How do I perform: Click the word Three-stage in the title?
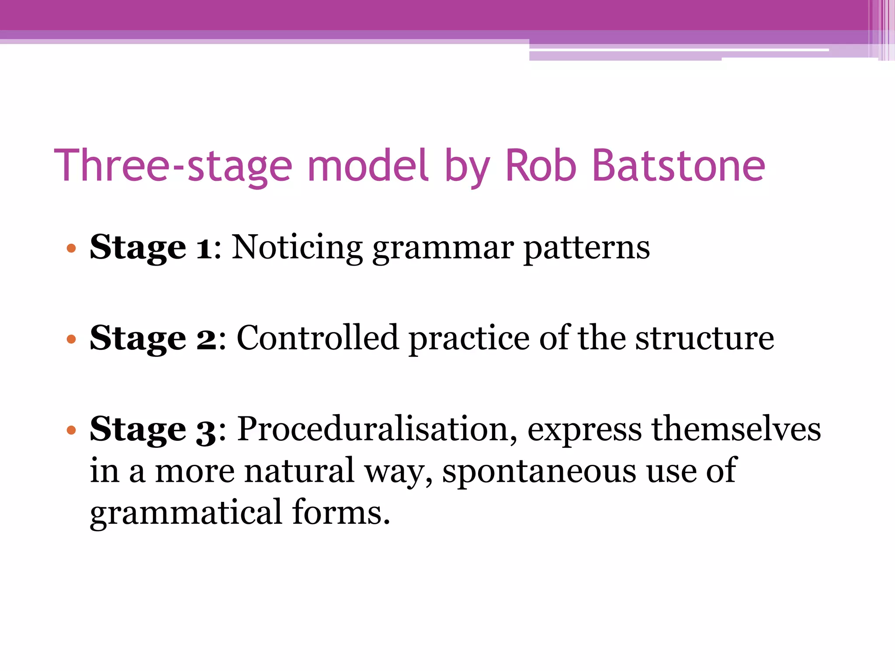(x=173, y=166)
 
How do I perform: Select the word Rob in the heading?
(x=541, y=166)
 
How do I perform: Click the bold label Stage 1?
(x=151, y=248)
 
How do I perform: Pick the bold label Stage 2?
(x=153, y=339)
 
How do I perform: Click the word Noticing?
(x=297, y=248)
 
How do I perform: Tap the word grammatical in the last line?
(x=186, y=513)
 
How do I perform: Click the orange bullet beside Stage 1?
(x=71, y=249)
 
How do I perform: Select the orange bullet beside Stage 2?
(x=71, y=339)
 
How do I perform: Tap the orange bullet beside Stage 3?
(x=71, y=431)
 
